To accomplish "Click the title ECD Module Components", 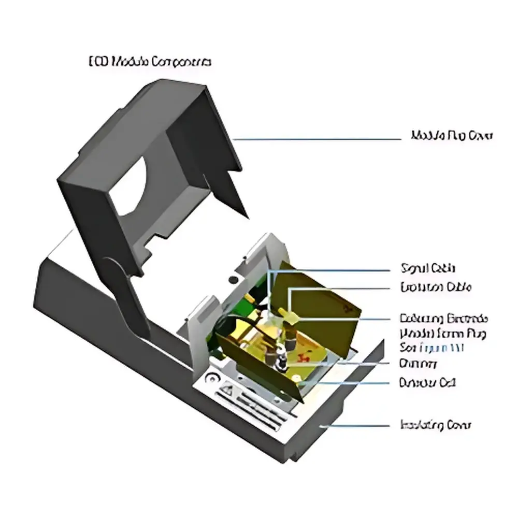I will tap(150, 62).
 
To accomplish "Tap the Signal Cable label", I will tap(428, 268).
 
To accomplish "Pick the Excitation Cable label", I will tap(436, 287).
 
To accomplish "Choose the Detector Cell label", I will tap(427, 383).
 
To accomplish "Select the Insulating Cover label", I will tap(436, 425).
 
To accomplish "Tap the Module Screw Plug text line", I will tap(443, 332).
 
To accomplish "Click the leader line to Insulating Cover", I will tap(357, 425).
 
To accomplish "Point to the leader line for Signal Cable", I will tap(332, 270).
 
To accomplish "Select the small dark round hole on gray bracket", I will tap(233, 280).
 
